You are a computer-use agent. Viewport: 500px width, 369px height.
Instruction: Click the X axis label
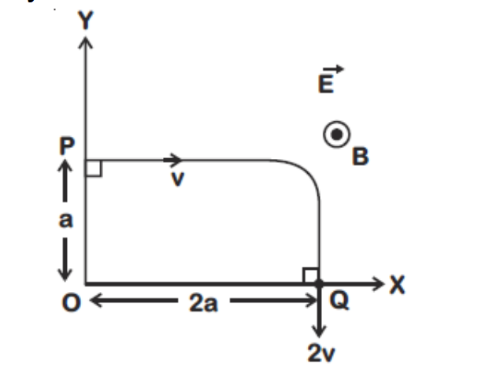398,285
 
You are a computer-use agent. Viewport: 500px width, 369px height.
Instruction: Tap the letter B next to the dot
360,157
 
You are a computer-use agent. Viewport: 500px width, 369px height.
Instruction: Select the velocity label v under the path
178,180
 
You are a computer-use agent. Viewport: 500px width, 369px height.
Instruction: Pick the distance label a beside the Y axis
67,221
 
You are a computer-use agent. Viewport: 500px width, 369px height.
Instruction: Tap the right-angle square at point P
93,168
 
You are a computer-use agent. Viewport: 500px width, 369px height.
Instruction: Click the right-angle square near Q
310,275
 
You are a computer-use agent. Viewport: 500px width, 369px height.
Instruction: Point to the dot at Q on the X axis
319,282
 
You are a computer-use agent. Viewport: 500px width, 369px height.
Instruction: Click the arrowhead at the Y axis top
85,42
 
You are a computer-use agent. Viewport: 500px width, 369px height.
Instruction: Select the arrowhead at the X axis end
380,282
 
